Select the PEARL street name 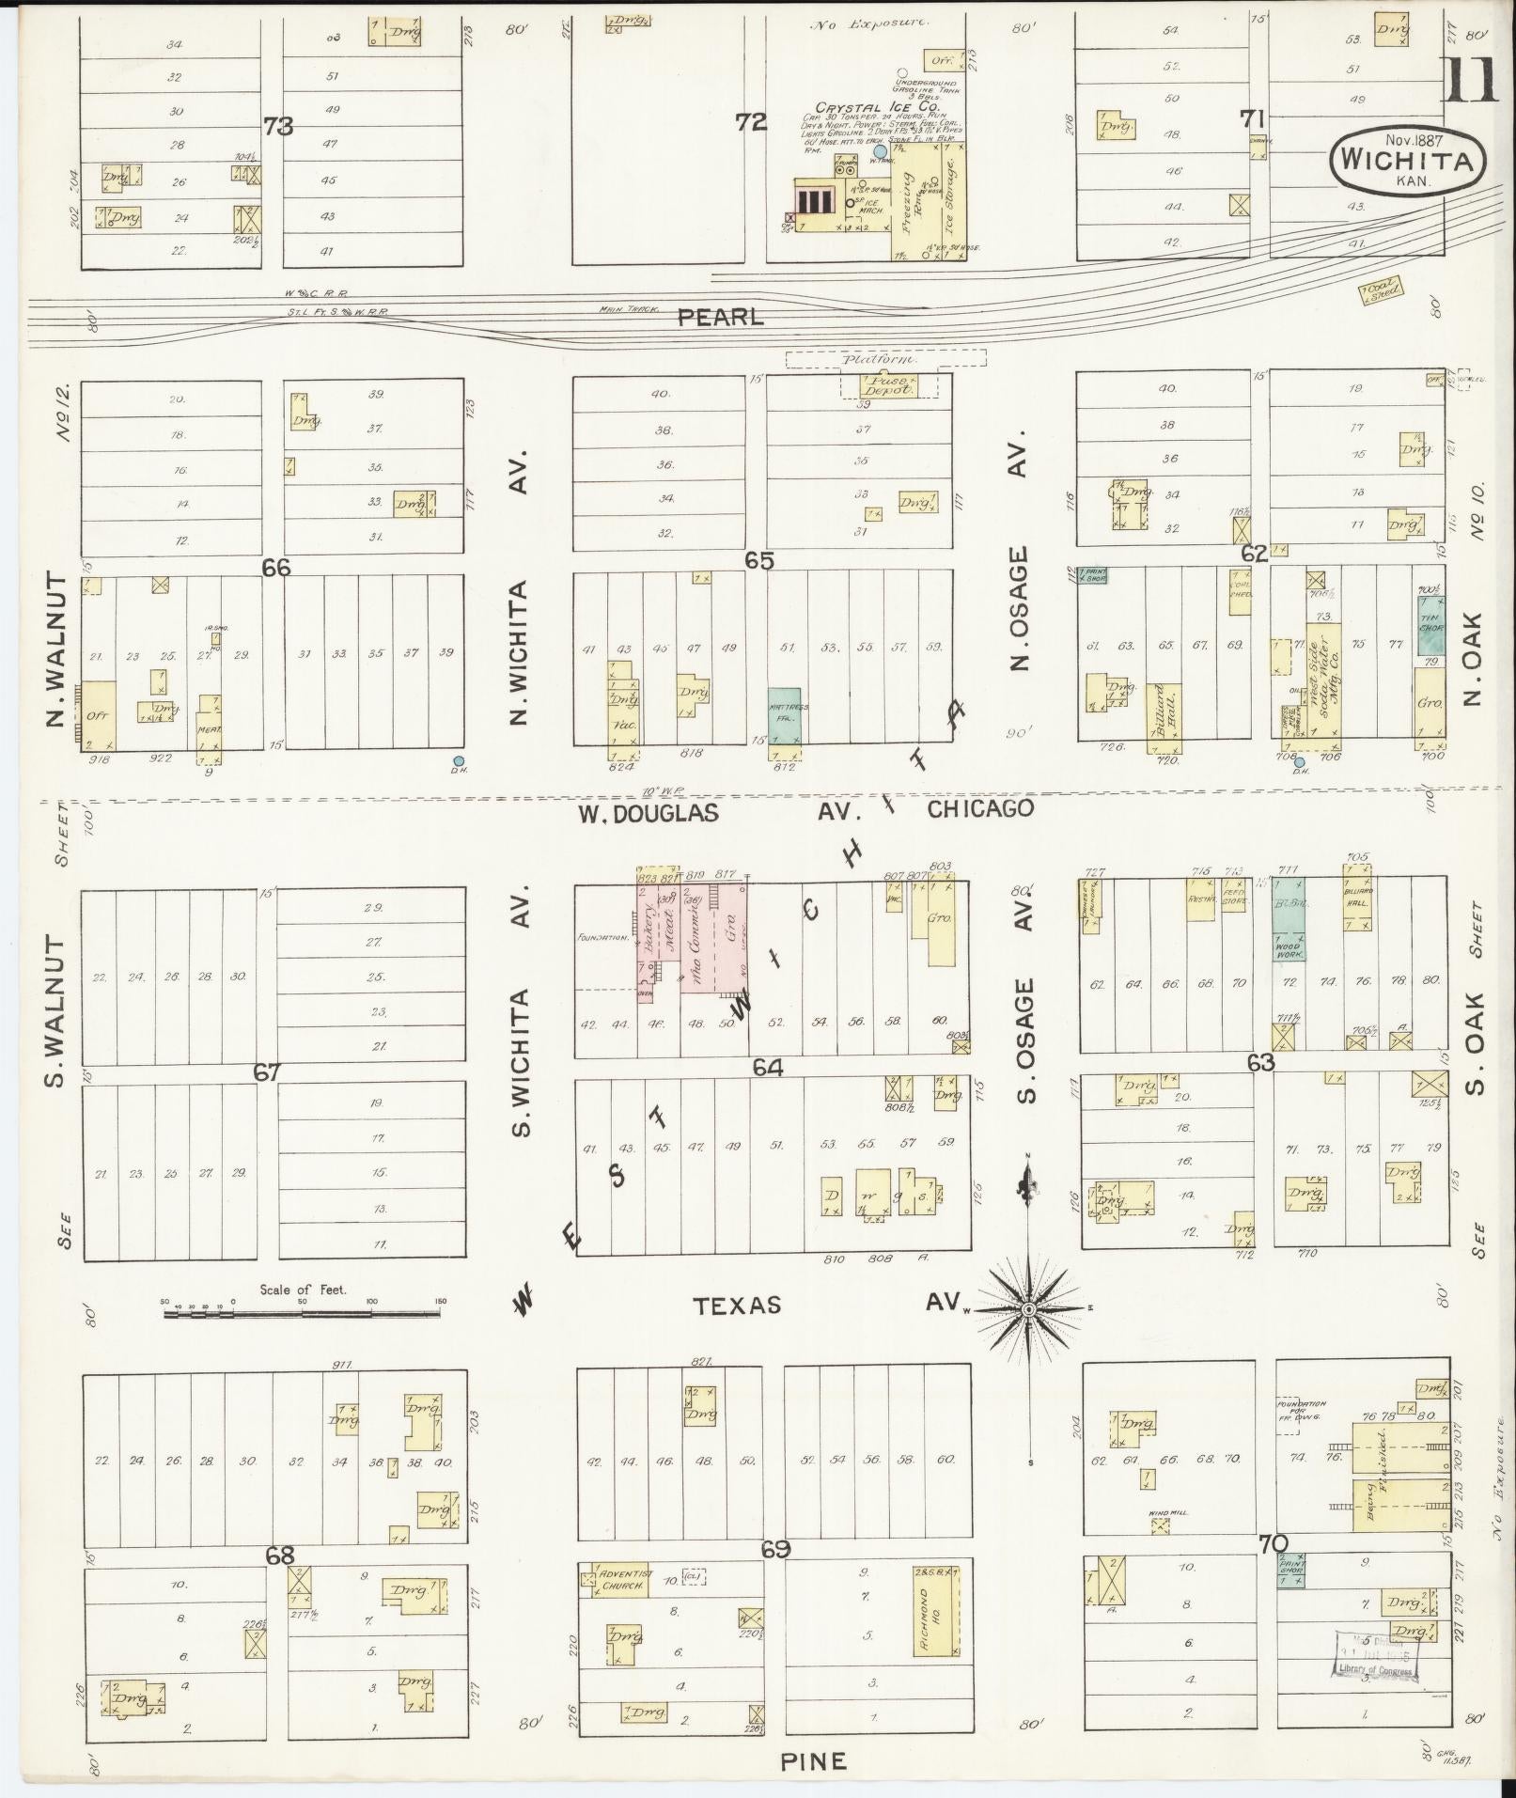click(x=721, y=318)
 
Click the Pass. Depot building click(x=888, y=385)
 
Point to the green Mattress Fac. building click(x=786, y=715)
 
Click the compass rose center click(x=1030, y=1308)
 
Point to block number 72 click(x=752, y=122)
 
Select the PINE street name click(x=814, y=1760)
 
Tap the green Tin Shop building click(x=1431, y=625)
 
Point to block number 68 click(x=280, y=1556)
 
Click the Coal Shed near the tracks click(x=1380, y=294)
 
